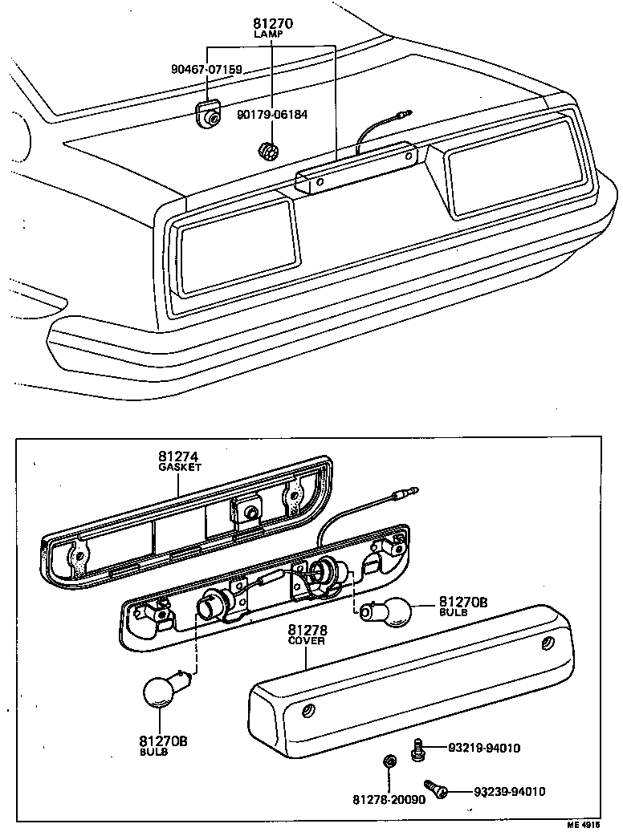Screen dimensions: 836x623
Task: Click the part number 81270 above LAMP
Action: pyautogui.click(x=271, y=24)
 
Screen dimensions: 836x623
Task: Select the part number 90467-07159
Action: pyautogui.click(x=206, y=69)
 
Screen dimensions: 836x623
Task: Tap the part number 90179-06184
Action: pyautogui.click(x=271, y=115)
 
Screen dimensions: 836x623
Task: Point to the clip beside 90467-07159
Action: pyautogui.click(x=210, y=115)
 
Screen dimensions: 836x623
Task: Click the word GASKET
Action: pyautogui.click(x=179, y=467)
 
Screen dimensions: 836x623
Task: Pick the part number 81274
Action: pyautogui.click(x=179, y=457)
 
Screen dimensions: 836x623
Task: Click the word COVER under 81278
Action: pyautogui.click(x=306, y=642)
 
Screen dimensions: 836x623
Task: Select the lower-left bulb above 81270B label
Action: pyautogui.click(x=165, y=689)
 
